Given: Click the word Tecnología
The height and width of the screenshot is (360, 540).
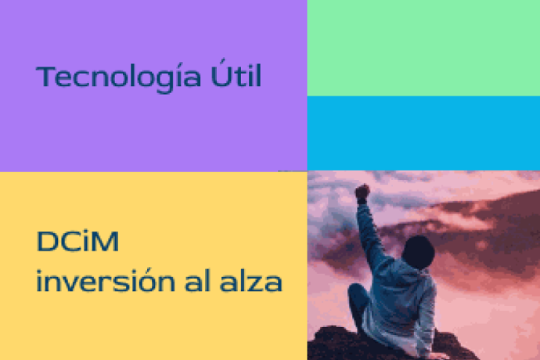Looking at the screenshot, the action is (118, 78).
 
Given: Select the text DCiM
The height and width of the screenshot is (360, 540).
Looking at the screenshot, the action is (77, 241).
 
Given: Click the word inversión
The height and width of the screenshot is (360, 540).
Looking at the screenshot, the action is (106, 280).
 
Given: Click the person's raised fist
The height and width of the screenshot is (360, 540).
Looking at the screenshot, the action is (362, 193).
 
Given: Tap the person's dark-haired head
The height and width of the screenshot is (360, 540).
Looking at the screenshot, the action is (418, 251).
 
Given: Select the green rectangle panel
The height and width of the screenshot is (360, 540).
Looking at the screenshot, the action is (423, 48).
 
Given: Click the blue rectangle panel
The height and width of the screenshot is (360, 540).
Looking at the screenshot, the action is (423, 133).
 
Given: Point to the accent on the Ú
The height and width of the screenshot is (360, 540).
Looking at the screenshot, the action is (222, 61).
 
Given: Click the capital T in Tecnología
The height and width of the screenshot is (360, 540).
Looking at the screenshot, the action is (45, 76).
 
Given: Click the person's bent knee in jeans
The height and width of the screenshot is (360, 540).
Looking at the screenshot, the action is (355, 293).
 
